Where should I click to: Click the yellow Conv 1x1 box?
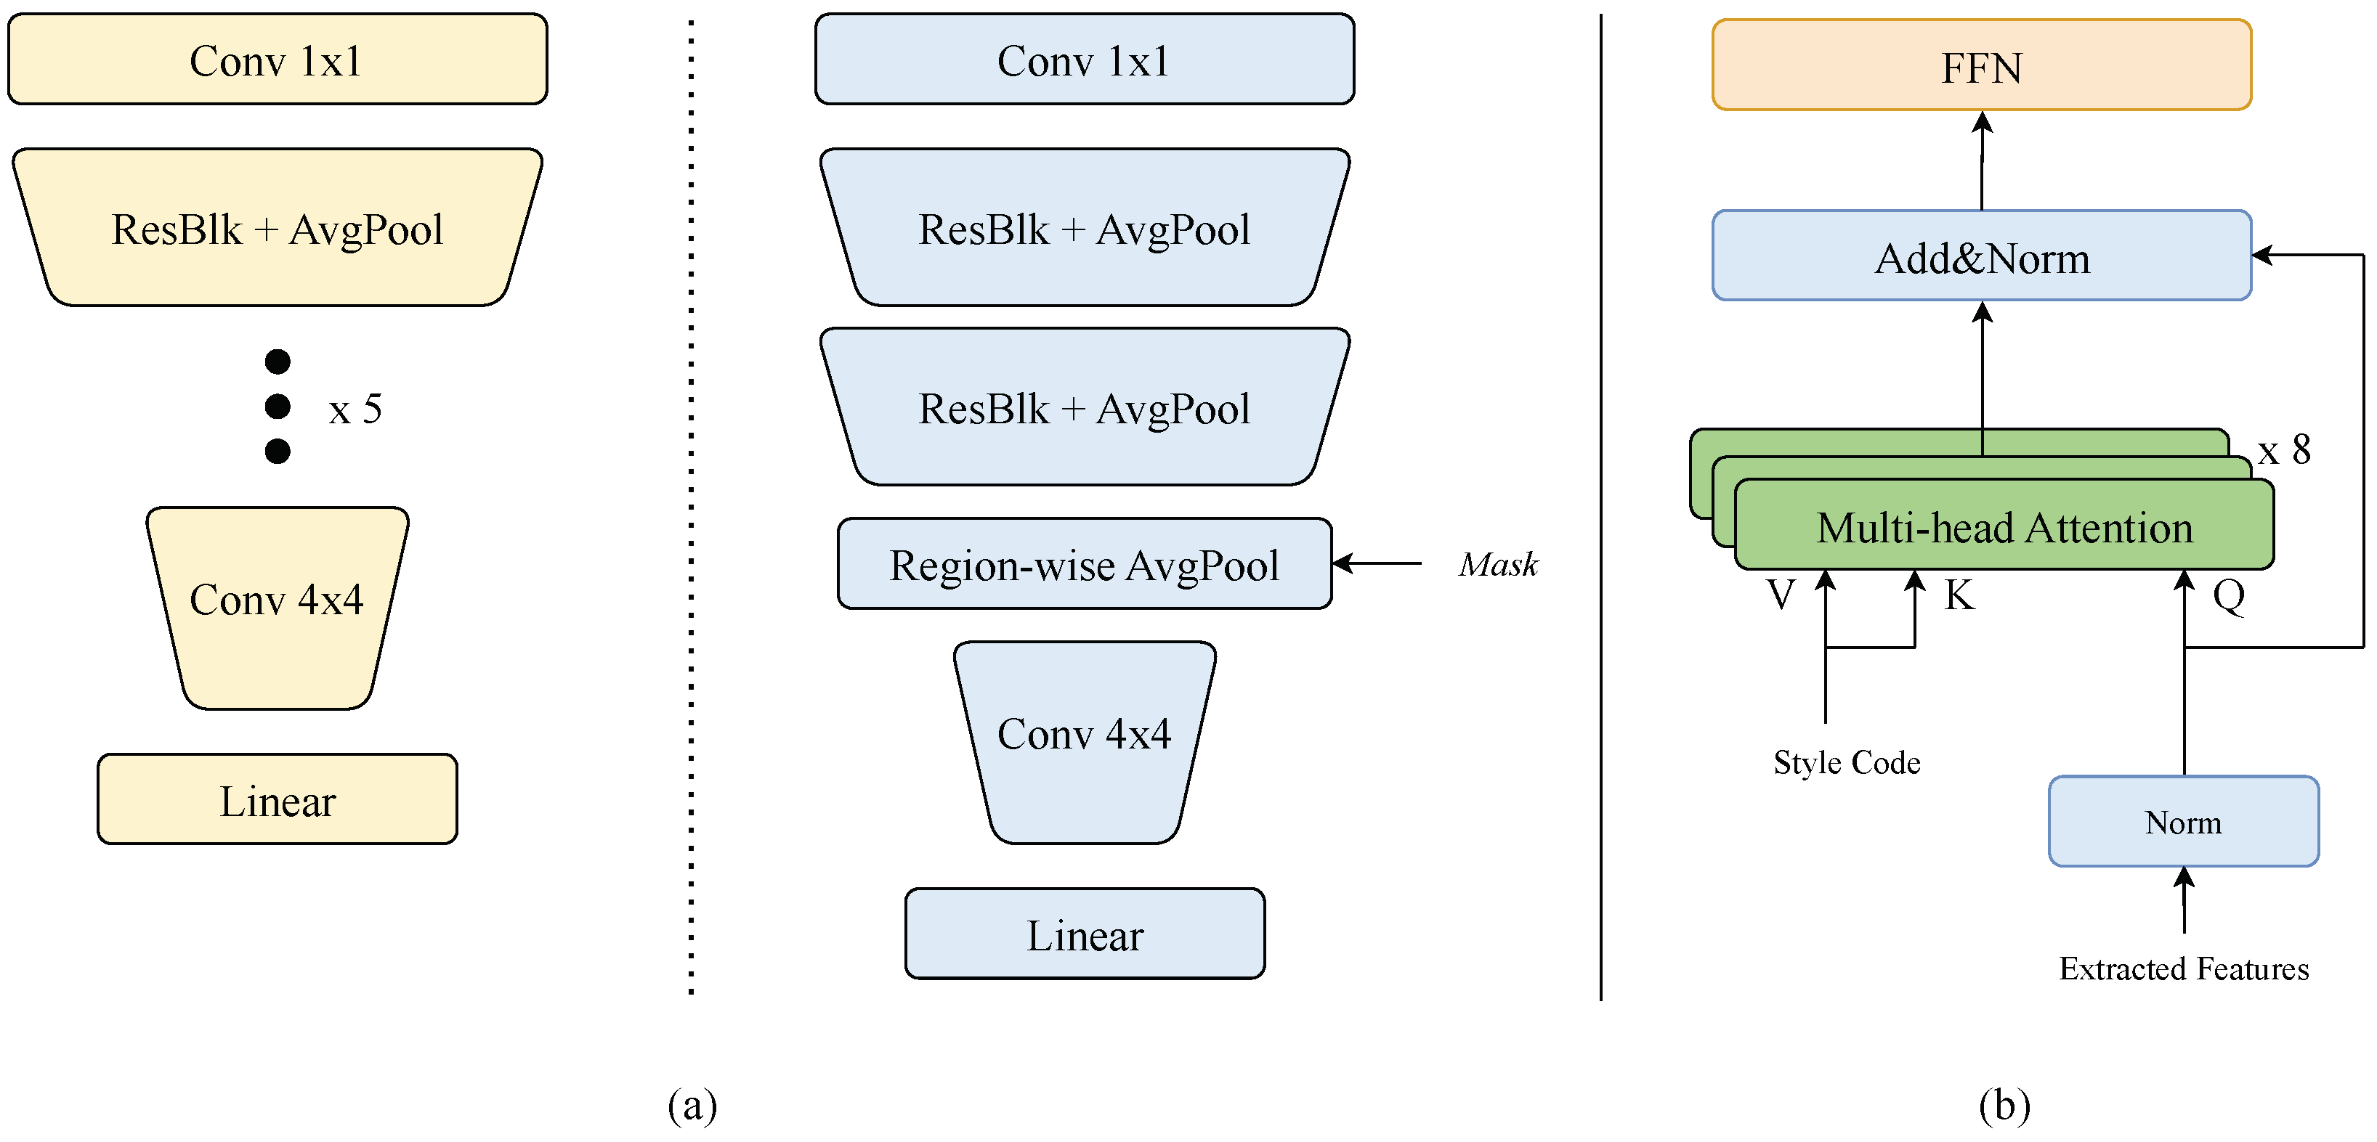click(277, 60)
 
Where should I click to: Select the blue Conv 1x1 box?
click(1084, 60)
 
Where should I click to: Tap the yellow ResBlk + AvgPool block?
click(277, 229)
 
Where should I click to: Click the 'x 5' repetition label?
click(355, 409)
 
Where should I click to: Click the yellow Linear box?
click(277, 800)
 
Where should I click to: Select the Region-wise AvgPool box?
click(1084, 565)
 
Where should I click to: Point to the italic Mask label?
click(1499, 565)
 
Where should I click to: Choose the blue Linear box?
click(1084, 934)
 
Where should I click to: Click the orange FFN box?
click(1981, 66)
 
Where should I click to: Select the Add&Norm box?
click(1981, 256)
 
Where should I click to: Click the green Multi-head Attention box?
click(2004, 528)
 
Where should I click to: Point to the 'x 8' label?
click(2284, 450)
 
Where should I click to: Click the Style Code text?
click(1847, 763)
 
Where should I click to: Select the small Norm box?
click(2183, 822)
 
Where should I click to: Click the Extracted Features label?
click(2183, 968)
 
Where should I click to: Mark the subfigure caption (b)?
click(2004, 1104)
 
